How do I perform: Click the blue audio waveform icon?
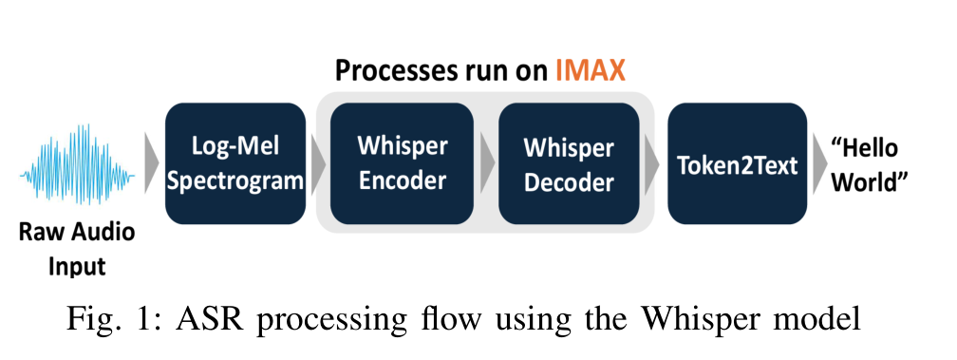point(78,163)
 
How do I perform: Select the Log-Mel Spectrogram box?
point(235,163)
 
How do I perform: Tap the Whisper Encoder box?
point(403,163)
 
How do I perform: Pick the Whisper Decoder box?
point(569,163)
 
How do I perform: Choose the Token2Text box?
point(738,163)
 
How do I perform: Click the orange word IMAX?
point(591,71)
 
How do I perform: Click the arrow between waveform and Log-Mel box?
point(151,163)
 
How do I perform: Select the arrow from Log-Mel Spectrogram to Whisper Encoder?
point(318,163)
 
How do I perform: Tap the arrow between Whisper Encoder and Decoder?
point(486,163)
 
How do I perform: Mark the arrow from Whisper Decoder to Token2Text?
point(652,163)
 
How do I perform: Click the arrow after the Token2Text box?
point(819,163)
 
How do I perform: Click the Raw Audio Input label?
point(78,249)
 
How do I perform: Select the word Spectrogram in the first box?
point(235,181)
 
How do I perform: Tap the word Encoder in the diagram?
point(403,180)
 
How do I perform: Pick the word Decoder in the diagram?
point(569,183)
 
